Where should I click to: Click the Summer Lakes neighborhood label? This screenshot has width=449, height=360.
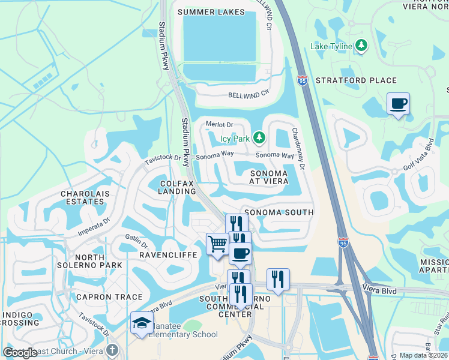(203, 12)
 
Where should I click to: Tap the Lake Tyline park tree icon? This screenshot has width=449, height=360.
(361, 45)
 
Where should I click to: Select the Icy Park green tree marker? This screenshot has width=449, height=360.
(259, 139)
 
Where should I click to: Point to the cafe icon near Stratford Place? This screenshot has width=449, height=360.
(398, 104)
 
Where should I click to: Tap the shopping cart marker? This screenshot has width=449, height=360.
(217, 244)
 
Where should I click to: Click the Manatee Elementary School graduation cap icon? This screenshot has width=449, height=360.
(142, 323)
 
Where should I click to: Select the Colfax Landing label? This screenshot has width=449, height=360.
(178, 187)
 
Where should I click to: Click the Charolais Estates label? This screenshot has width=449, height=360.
(82, 198)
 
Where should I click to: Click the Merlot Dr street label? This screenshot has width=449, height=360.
(219, 125)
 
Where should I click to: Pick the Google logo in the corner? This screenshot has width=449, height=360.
(20, 353)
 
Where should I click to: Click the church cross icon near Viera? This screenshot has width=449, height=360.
(112, 350)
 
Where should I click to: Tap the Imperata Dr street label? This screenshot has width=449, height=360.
(94, 225)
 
